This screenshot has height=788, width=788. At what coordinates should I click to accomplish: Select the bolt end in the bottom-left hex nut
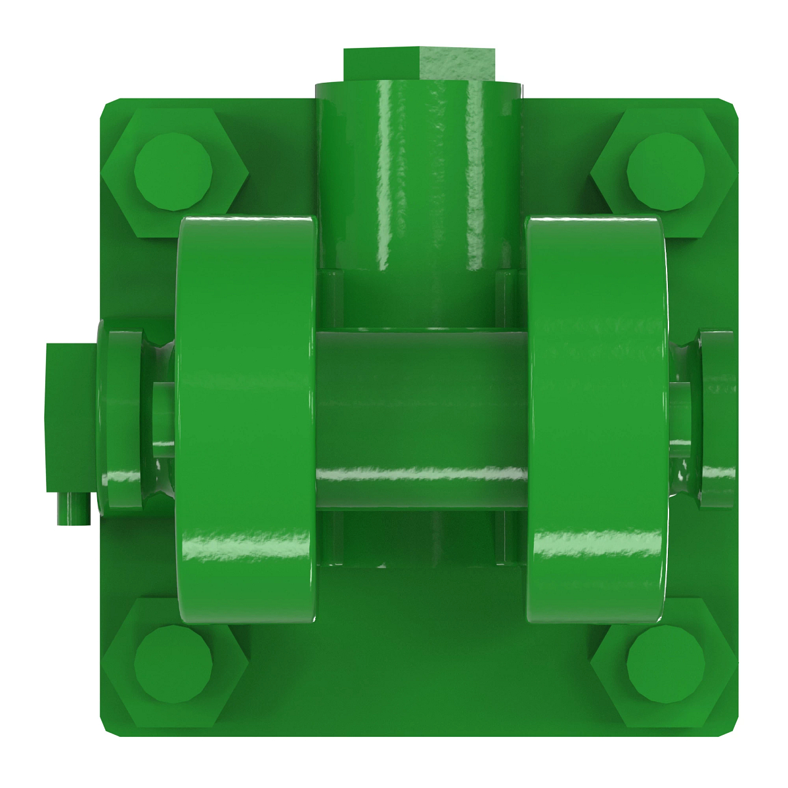pos(173,664)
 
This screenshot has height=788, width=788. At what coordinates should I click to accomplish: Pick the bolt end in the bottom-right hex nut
pos(665,664)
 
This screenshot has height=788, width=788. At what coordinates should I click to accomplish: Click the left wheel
pos(246,420)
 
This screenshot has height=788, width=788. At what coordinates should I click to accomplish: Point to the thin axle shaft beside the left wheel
pos(164,420)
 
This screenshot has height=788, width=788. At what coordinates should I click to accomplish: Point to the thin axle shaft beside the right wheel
pos(681,420)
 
